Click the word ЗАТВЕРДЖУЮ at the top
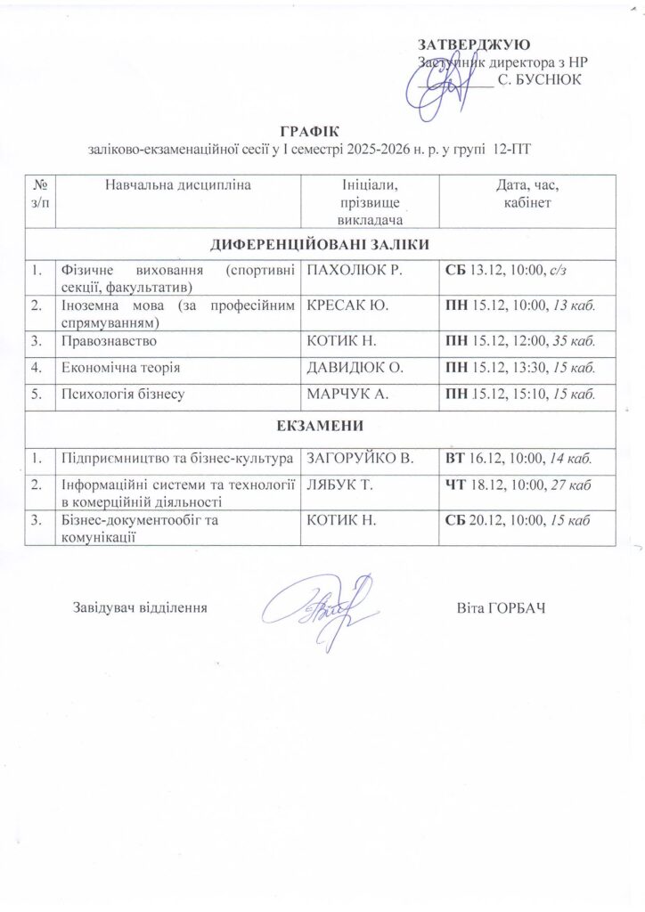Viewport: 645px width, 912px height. pyautogui.click(x=475, y=45)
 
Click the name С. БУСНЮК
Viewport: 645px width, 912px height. pyautogui.click(x=539, y=80)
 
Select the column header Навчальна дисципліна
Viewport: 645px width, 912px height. pyautogui.click(x=178, y=185)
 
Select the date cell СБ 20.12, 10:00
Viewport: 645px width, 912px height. pyautogui.click(x=514, y=521)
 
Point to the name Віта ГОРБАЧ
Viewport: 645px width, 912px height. pyautogui.click(x=500, y=607)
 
